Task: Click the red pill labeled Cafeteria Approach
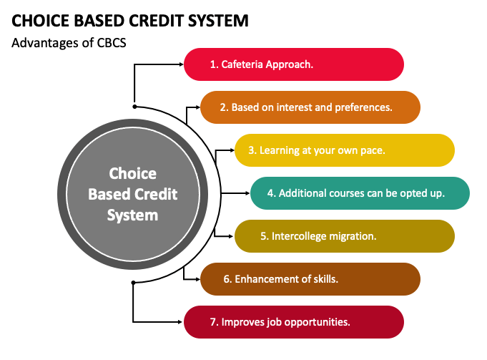coord(294,64)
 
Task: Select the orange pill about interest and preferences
coord(310,107)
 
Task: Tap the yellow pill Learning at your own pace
coord(345,150)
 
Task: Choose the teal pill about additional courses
coord(360,193)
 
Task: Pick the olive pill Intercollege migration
coord(345,236)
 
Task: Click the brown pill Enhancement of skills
coord(310,279)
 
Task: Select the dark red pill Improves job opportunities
coord(294,322)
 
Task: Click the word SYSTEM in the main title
coord(218,21)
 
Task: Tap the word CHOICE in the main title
coord(40,21)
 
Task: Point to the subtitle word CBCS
coord(112,43)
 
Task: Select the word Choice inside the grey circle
coord(132,173)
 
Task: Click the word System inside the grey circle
coord(132,215)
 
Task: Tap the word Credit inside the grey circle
coord(156,194)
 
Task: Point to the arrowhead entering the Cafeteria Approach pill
coord(182,64)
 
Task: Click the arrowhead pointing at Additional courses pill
coord(247,193)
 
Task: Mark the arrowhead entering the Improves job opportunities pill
coord(180,322)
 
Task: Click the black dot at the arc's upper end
coord(134,107)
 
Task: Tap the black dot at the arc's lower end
coord(133,283)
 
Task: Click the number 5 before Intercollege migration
coord(263,236)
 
